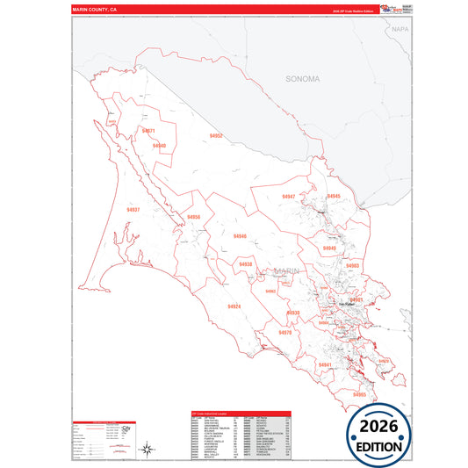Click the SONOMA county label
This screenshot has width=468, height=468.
pos(302,79)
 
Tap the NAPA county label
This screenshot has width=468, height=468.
pos(400,29)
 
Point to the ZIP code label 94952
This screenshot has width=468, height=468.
pos(216,136)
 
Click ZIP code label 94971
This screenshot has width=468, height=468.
pos(148,131)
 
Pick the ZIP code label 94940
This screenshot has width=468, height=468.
pos(158,146)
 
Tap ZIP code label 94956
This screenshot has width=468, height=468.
pos(193,217)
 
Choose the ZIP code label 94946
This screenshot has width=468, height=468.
pos(240,236)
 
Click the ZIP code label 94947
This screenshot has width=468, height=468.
pos(288,197)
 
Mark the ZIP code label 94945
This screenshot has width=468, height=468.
pos(334,197)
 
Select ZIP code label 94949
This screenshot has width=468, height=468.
pos(328,248)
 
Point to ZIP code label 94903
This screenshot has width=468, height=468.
pos(353,265)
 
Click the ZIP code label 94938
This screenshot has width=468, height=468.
pos(245,264)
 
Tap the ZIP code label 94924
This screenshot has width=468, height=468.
pos(234,306)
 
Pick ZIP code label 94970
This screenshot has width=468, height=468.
pos(284,333)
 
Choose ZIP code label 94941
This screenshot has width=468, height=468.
pos(325,364)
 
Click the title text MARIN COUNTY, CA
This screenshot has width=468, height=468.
pos(95,9)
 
